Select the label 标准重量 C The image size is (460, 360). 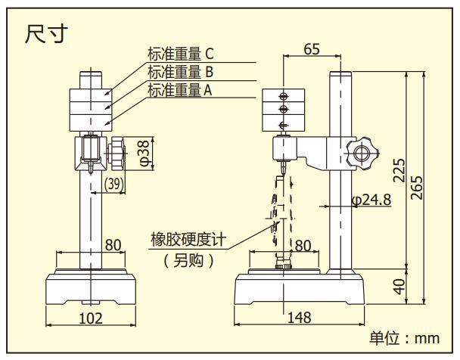(181, 53)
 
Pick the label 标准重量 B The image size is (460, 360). (180, 72)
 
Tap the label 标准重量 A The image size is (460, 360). (180, 91)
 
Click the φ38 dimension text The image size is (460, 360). (143, 153)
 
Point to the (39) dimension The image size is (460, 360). (115, 184)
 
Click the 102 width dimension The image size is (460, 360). (90, 318)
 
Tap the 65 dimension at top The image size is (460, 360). (311, 49)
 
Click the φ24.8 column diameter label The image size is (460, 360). (371, 200)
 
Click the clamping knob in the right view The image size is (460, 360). (360, 153)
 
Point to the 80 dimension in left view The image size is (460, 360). (112, 244)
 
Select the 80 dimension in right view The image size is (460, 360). (302, 245)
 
